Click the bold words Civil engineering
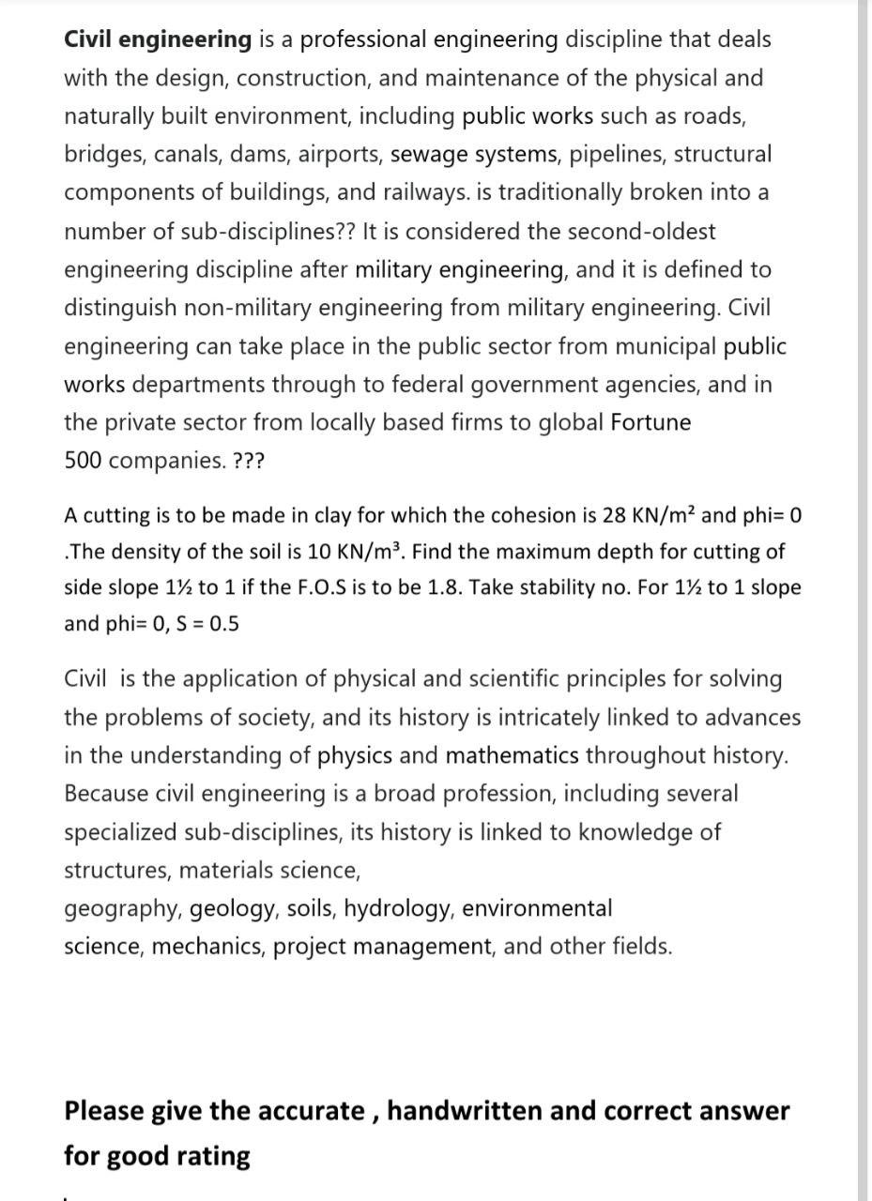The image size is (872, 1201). coord(158,39)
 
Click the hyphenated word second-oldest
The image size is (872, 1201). coord(633,231)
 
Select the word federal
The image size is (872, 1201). coord(444,385)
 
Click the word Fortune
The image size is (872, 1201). coord(650,423)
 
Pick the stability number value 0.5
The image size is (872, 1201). coord(223,623)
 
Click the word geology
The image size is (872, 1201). coord(234,909)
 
